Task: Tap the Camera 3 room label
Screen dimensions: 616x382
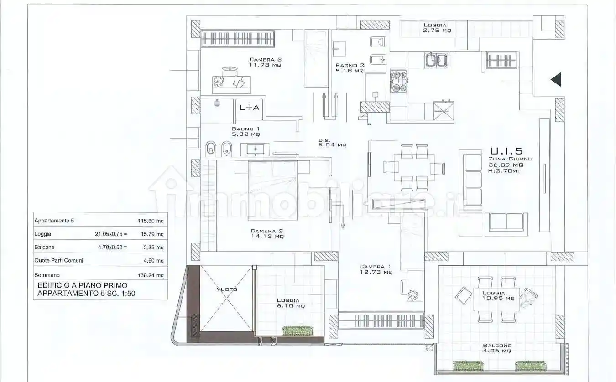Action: tap(266, 62)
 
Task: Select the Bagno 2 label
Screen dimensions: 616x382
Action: tap(350, 68)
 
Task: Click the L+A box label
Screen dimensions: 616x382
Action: tap(249, 108)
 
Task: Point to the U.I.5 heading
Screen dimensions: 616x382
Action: tap(506, 151)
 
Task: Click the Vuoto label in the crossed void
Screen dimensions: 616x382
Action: tap(227, 289)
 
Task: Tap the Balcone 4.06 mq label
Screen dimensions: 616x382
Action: tap(497, 348)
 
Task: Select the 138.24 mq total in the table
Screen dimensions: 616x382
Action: tap(151, 275)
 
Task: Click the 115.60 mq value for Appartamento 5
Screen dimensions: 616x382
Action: tap(151, 221)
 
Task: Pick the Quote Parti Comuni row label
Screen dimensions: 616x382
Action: tap(58, 261)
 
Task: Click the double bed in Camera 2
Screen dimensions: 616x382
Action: tap(272, 191)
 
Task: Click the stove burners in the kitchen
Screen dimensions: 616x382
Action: tap(399, 81)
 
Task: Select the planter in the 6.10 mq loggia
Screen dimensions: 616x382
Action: tap(298, 330)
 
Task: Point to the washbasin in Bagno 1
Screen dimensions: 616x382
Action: tap(255, 150)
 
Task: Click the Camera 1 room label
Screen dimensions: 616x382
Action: tap(376, 269)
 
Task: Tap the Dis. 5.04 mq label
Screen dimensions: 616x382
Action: tap(333, 142)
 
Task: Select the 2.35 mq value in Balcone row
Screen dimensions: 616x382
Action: tap(153, 248)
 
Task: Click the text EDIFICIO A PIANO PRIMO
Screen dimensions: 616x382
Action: tap(83, 285)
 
